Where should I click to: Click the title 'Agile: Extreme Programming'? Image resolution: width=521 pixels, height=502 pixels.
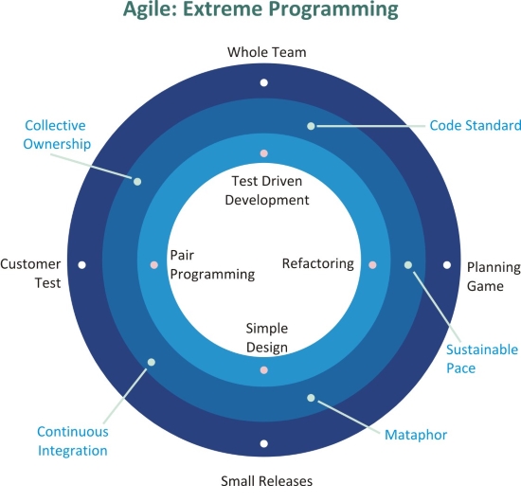pos(260,9)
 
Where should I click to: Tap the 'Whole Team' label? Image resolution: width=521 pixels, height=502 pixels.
pos(266,52)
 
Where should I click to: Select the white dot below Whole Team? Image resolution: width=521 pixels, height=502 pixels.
pos(264,82)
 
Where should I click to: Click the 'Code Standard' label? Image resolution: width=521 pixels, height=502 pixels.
pos(476,126)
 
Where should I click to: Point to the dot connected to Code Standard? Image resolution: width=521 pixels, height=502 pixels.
pos(311,126)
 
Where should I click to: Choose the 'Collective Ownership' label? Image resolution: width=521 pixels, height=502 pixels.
pos(57,134)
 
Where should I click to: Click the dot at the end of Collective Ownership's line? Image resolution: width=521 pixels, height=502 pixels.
pos(137,182)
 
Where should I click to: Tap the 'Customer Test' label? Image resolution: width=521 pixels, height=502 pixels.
pos(30,274)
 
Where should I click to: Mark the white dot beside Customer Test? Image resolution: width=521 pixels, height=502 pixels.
pos(81,265)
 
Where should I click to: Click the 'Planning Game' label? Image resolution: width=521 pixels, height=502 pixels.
pos(494,277)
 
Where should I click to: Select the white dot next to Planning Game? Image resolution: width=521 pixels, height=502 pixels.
pos(447,265)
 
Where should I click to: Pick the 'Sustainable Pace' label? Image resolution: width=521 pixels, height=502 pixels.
pos(482,359)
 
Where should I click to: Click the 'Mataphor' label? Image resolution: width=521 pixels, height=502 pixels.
pos(416,435)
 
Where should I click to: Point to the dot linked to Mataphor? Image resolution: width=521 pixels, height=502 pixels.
pos(311,398)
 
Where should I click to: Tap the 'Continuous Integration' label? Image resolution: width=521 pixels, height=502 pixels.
pos(72,441)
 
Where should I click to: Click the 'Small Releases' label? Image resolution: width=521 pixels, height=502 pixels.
pos(266,481)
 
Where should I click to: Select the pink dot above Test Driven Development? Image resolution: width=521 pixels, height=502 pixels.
pos(264,153)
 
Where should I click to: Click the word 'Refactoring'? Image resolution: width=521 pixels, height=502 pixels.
pos(318,263)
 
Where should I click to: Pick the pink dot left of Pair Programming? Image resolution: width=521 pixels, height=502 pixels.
pos(153,265)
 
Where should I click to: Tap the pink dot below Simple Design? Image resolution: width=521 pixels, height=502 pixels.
pos(264,369)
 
